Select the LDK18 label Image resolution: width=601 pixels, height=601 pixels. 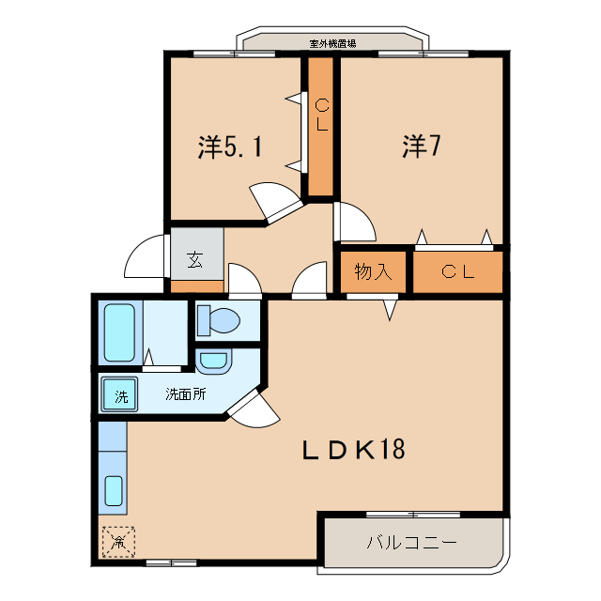click(x=353, y=450)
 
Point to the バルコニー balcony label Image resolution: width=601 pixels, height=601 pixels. click(x=410, y=544)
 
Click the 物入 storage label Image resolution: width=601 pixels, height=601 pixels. click(x=373, y=272)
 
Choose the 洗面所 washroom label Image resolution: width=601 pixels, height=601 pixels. click(x=185, y=394)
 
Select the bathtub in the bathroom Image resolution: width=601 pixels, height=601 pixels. click(x=118, y=332)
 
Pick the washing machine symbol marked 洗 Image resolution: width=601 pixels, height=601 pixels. click(x=120, y=395)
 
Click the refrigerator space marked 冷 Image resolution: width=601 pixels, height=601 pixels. click(x=118, y=542)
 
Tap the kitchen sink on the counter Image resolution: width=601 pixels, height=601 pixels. click(x=113, y=490)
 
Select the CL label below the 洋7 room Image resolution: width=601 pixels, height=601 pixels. click(x=458, y=272)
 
